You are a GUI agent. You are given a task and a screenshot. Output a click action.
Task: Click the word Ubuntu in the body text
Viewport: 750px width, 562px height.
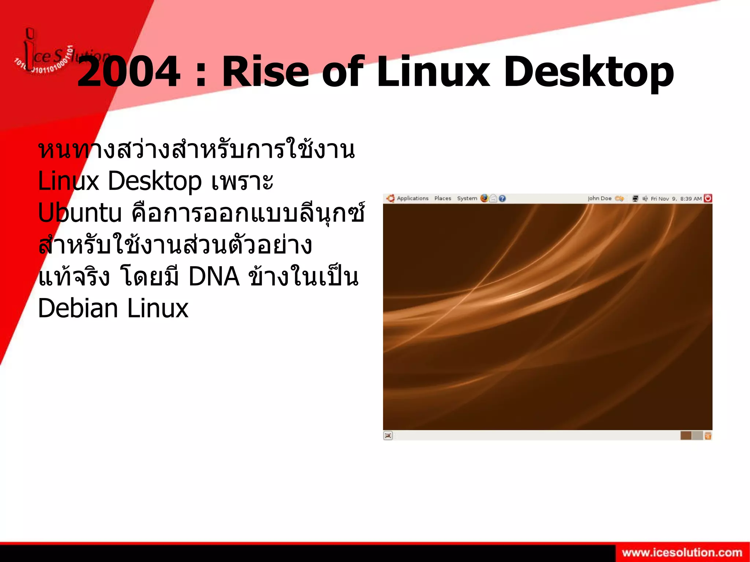pyautogui.click(x=79, y=213)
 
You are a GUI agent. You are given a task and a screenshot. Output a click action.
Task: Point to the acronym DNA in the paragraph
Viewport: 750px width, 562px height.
pyautogui.click(x=214, y=276)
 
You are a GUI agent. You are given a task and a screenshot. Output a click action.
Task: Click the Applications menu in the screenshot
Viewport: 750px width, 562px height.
pyautogui.click(x=412, y=198)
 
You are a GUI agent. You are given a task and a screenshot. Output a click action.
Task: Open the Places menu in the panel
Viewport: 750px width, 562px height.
pyautogui.click(x=443, y=198)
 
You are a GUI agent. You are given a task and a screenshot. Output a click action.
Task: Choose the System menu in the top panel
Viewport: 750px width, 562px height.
pyautogui.click(x=467, y=198)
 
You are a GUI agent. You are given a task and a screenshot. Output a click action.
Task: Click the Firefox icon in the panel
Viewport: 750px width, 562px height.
pyautogui.click(x=484, y=198)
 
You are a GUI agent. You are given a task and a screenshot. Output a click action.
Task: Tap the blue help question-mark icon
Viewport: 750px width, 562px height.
pyautogui.click(x=502, y=198)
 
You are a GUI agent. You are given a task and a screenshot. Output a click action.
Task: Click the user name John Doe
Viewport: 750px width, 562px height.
pyautogui.click(x=599, y=198)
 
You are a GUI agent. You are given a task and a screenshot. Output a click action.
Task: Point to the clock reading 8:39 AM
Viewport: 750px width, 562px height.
pyautogui.click(x=691, y=199)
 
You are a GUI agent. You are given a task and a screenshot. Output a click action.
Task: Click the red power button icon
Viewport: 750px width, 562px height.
pyautogui.click(x=708, y=198)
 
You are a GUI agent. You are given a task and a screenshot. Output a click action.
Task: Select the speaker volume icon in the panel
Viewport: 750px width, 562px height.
pyautogui.click(x=645, y=198)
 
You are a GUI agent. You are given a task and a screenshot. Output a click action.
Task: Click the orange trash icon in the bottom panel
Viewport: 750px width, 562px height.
pyautogui.click(x=708, y=436)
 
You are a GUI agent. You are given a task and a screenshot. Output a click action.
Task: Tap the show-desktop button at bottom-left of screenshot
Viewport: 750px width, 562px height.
pyautogui.click(x=388, y=435)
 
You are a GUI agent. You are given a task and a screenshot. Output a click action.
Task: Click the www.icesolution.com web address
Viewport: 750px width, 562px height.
pyautogui.click(x=682, y=552)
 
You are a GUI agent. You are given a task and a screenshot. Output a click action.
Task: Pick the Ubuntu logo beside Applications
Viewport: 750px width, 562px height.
pyautogui.click(x=390, y=198)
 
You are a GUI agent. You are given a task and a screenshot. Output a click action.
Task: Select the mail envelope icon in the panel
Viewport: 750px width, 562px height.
pyautogui.click(x=493, y=198)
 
